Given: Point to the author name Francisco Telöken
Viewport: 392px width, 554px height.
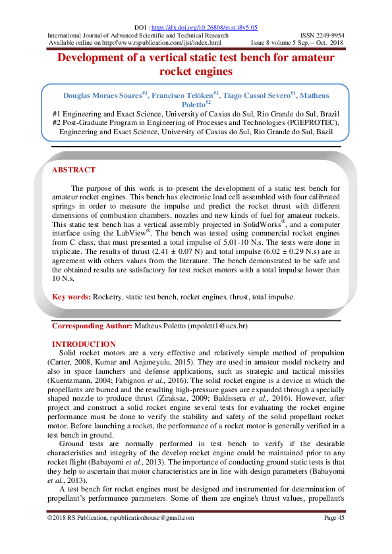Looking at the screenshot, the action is (182, 95).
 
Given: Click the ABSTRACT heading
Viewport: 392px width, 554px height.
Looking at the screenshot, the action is (73, 170).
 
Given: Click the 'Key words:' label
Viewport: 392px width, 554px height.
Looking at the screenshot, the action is (72, 297).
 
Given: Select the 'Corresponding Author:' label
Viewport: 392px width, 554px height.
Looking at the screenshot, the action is (92, 326).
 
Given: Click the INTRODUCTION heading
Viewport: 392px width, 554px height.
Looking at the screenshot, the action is (84, 344).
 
